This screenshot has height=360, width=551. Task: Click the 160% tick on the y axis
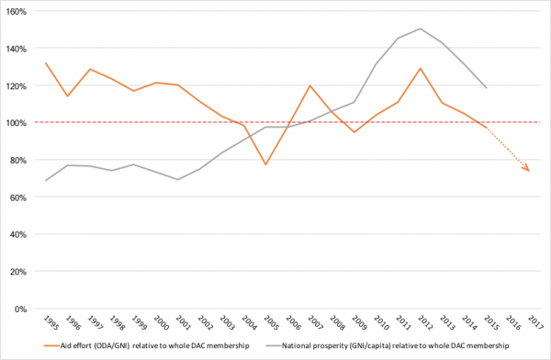pyautogui.click(x=17, y=12)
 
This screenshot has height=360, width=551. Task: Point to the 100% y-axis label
pyautogui.click(x=17, y=123)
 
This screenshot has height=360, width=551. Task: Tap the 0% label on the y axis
pyautogui.click(x=20, y=309)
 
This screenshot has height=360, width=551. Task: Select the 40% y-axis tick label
pyautogui.click(x=18, y=234)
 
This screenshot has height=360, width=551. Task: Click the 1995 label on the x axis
pyautogui.click(x=51, y=322)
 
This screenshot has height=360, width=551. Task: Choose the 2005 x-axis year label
pyautogui.click(x=271, y=322)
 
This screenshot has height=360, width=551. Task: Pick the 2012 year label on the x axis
pyautogui.click(x=425, y=322)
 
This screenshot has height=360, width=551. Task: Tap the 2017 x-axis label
pyautogui.click(x=535, y=322)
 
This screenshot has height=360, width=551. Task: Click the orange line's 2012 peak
pyautogui.click(x=421, y=68)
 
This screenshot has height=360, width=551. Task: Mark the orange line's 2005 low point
pyautogui.click(x=266, y=164)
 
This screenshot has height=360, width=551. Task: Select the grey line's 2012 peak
pyautogui.click(x=421, y=28)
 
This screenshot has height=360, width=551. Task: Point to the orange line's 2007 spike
pyautogui.click(x=310, y=85)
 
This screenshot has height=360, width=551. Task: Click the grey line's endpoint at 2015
pyautogui.click(x=487, y=88)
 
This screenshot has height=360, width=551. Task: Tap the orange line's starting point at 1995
pyautogui.click(x=46, y=63)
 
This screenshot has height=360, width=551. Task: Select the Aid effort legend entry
pyautogui.click(x=147, y=345)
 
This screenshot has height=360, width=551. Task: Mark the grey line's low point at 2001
pyautogui.click(x=178, y=180)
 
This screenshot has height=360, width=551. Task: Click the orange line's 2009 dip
pyautogui.click(x=354, y=132)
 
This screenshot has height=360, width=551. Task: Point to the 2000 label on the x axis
pyautogui.click(x=162, y=322)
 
